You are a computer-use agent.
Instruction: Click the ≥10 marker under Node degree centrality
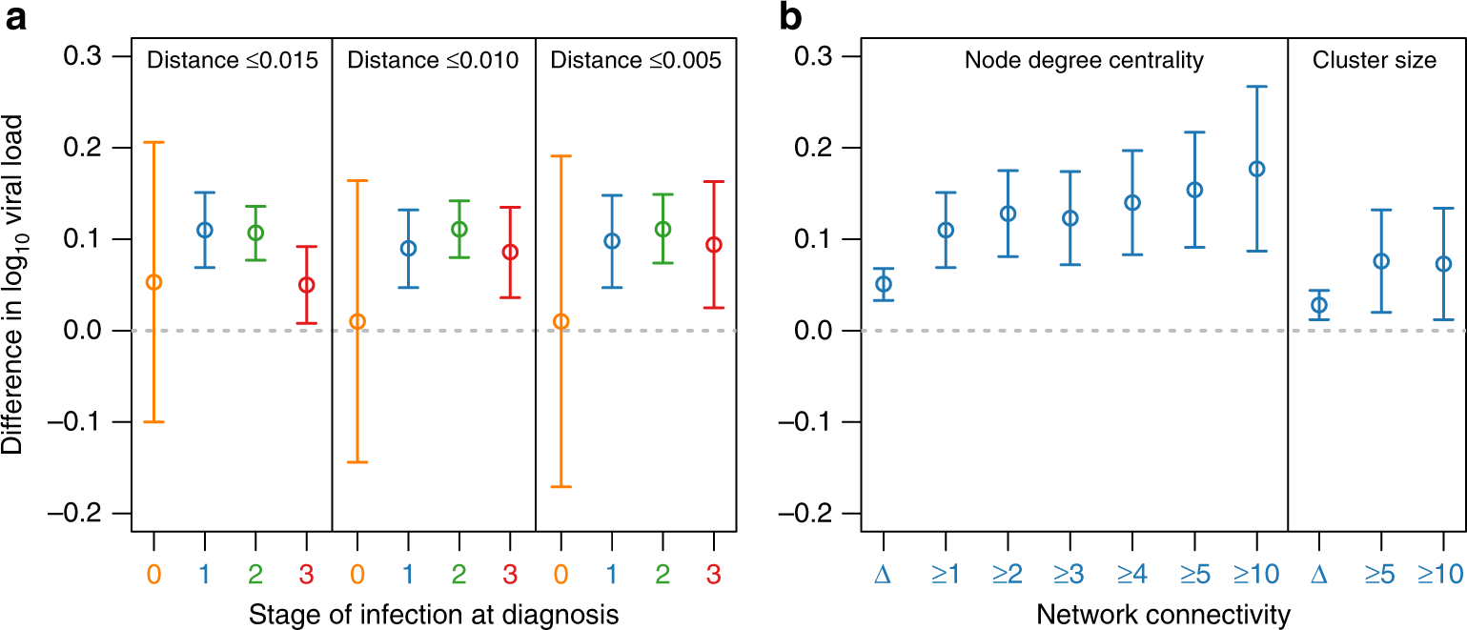tap(1256, 169)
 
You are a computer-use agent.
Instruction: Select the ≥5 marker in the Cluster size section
tap(1380, 261)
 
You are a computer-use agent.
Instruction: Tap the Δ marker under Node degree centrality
tap(884, 284)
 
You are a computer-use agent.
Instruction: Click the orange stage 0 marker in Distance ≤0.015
tap(153, 282)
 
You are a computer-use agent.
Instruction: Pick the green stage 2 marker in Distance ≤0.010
tap(458, 230)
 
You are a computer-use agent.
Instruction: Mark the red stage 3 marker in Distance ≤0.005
tap(713, 245)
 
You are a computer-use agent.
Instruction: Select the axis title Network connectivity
tap(1162, 615)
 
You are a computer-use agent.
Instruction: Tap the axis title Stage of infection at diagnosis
tap(434, 615)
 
